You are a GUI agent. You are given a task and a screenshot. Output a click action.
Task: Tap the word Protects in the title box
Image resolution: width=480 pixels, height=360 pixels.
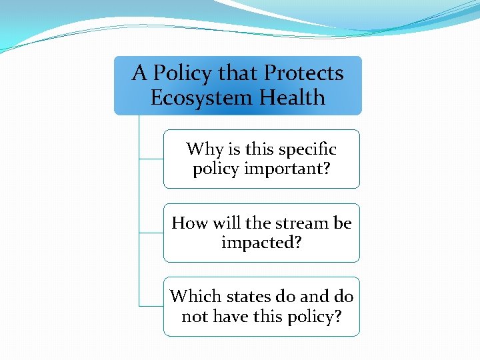(x=304, y=73)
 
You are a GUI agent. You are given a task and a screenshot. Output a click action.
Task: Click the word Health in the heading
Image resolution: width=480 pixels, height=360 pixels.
(x=292, y=98)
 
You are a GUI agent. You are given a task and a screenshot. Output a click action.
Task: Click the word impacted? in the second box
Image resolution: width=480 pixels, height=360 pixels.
(x=261, y=243)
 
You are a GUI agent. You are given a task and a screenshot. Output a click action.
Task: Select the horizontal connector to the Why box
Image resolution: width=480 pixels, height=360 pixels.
(x=151, y=159)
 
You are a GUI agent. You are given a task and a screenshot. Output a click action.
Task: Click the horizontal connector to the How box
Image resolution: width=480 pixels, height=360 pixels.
(x=151, y=233)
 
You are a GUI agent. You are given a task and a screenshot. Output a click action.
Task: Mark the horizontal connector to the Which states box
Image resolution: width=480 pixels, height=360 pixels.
(x=151, y=306)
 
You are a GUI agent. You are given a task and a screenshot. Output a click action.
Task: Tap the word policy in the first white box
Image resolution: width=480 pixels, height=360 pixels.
(x=216, y=169)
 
